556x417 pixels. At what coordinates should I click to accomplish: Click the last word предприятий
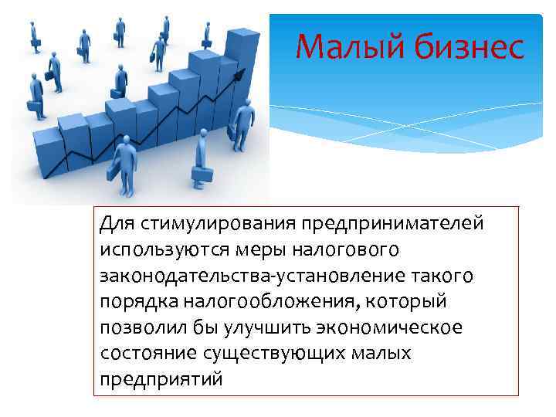pyautogui.click(x=161, y=380)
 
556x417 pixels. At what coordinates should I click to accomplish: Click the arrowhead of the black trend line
pyautogui.click(x=248, y=72)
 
